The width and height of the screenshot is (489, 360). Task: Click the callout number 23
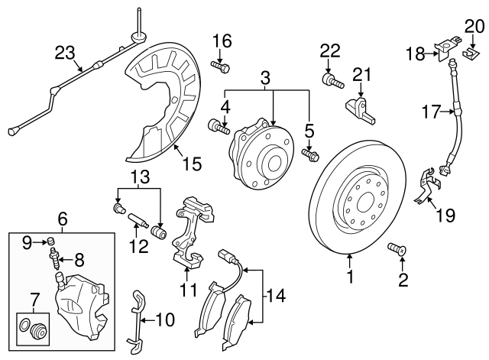(66, 53)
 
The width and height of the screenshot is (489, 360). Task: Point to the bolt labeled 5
(311, 155)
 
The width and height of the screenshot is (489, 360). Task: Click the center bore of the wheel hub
(272, 162)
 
